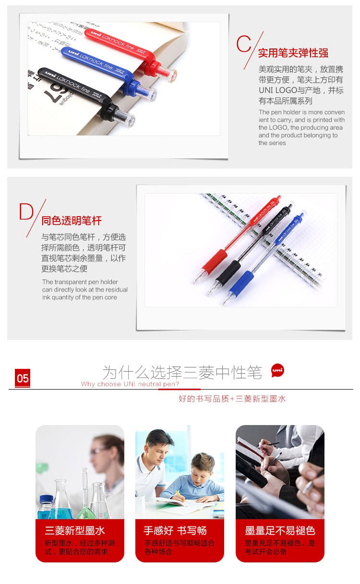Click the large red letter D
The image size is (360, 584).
pyautogui.click(x=26, y=211)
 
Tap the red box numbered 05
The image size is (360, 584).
pyautogui.click(x=23, y=378)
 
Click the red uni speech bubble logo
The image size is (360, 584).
pyautogui.click(x=277, y=370)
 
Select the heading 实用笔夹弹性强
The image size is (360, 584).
pyautogui.click(x=293, y=53)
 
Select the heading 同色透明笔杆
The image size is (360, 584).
pyautogui.click(x=72, y=220)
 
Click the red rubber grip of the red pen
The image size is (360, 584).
pyautogui.click(x=214, y=261)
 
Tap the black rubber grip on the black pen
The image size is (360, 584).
pyautogui.click(x=228, y=273)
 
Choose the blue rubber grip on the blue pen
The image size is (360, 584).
pyautogui.click(x=241, y=284)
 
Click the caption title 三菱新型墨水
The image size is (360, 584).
pyautogui.click(x=75, y=531)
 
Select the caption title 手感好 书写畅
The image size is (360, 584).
pyautogui.click(x=175, y=531)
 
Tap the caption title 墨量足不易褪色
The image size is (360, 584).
pyautogui.click(x=280, y=531)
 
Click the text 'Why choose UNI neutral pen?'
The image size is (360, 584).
pyautogui.click(x=130, y=384)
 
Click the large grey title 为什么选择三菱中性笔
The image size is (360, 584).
pyautogui.click(x=182, y=372)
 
